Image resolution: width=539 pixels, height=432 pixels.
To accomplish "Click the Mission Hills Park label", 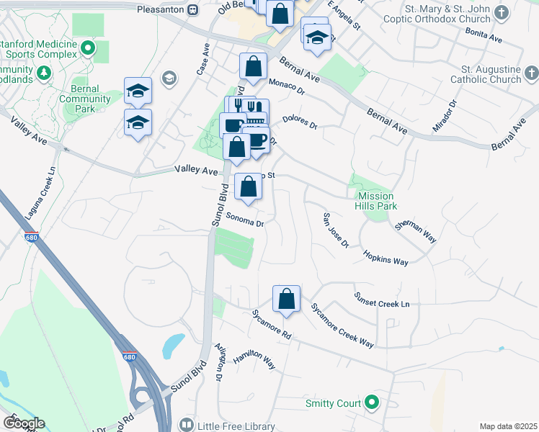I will coord(377,201).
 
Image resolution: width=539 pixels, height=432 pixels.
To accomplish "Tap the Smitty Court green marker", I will coord(372,402).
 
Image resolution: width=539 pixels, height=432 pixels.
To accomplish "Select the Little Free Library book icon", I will coord(187,426).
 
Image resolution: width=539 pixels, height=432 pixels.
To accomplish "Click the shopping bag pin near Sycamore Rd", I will coord(286,298).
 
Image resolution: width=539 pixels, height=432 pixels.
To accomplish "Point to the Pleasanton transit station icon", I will coord(193,9).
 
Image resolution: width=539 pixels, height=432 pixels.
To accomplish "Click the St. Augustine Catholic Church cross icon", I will coord(531,73).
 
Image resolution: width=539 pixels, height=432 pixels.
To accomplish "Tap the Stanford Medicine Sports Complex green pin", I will coord(88,49).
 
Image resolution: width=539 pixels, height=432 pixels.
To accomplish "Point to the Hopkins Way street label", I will coord(386,257).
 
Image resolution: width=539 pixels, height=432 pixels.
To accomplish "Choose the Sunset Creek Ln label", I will coord(381,300).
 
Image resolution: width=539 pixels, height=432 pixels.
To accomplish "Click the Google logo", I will coord(24,423).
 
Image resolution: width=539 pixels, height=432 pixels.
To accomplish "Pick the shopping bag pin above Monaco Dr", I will coord(253,66).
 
